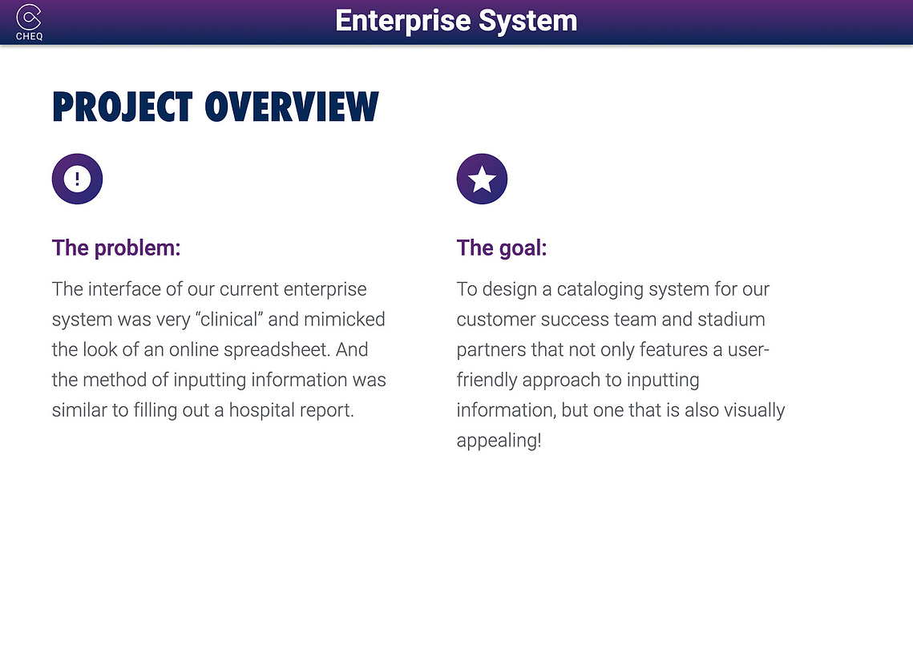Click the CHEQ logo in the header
click(29, 22)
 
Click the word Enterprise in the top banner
click(403, 22)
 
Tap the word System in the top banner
click(527, 22)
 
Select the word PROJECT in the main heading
click(123, 107)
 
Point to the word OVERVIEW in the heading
click(292, 107)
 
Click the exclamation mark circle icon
click(78, 179)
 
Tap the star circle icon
click(482, 179)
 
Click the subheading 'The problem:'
click(116, 248)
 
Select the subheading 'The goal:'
click(502, 248)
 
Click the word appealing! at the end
click(499, 441)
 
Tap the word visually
click(754, 410)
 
